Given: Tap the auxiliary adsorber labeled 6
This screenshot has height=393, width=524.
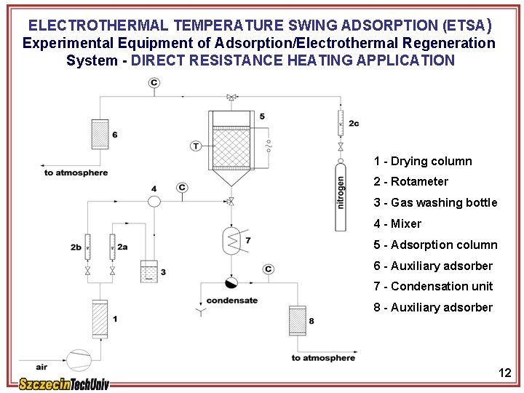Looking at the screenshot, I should pyautogui.click(x=100, y=134).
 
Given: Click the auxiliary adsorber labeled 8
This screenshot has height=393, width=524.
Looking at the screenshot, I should pyautogui.click(x=297, y=321).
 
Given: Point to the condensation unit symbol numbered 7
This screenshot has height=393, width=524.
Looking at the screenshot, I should pyautogui.click(x=232, y=240).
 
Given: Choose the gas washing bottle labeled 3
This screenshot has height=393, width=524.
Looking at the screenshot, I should pyautogui.click(x=148, y=271).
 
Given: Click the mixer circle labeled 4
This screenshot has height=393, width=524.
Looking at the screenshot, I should pyautogui.click(x=154, y=200).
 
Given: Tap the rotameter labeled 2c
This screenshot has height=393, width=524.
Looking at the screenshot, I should pyautogui.click(x=340, y=123).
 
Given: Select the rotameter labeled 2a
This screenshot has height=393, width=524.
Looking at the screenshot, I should pyautogui.click(x=112, y=247).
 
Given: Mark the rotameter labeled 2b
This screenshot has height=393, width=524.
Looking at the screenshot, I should pyautogui.click(x=88, y=247).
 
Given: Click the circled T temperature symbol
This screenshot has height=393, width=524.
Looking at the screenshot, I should pyautogui.click(x=195, y=146).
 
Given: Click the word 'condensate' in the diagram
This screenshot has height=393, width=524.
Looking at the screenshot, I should pyautogui.click(x=231, y=301).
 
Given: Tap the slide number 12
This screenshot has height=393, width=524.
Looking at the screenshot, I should pyautogui.click(x=505, y=373).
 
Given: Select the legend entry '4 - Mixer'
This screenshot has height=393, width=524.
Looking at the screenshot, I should pyautogui.click(x=397, y=223).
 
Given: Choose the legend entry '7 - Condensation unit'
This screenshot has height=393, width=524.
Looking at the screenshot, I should pyautogui.click(x=433, y=286).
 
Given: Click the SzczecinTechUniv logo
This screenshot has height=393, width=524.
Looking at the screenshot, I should pyautogui.click(x=64, y=384).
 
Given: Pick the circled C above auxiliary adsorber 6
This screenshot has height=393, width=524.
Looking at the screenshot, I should pyautogui.click(x=154, y=83).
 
